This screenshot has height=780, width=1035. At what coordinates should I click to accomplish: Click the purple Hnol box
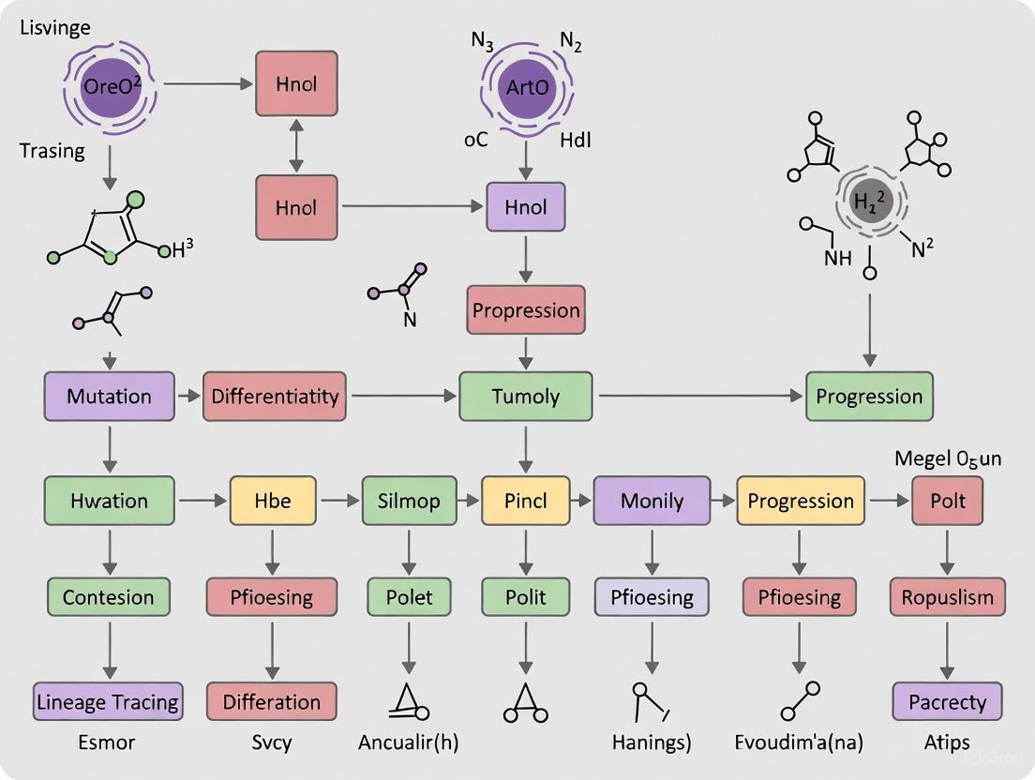point(525,207)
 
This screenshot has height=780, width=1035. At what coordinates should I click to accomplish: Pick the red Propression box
point(526,310)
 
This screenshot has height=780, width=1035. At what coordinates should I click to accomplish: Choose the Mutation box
point(109,396)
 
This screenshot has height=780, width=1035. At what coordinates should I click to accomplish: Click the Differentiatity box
point(275,396)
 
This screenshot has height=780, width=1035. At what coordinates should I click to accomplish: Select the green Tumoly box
point(525,396)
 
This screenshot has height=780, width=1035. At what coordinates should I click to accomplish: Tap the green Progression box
point(869,396)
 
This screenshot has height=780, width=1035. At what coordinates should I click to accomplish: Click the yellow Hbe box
point(273,501)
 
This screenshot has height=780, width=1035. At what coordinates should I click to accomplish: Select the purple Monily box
point(652,501)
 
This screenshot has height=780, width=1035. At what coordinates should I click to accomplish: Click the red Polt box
point(948,501)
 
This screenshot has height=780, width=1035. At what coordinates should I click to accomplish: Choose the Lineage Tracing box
point(108,701)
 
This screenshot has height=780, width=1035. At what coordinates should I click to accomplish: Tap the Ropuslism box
point(947,597)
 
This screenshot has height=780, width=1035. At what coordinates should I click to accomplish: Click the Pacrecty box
point(947,701)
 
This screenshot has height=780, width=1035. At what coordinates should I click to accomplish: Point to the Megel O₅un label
point(947,458)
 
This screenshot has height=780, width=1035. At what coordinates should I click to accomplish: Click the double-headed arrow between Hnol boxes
point(296,143)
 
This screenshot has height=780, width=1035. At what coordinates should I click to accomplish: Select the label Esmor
point(108,742)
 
